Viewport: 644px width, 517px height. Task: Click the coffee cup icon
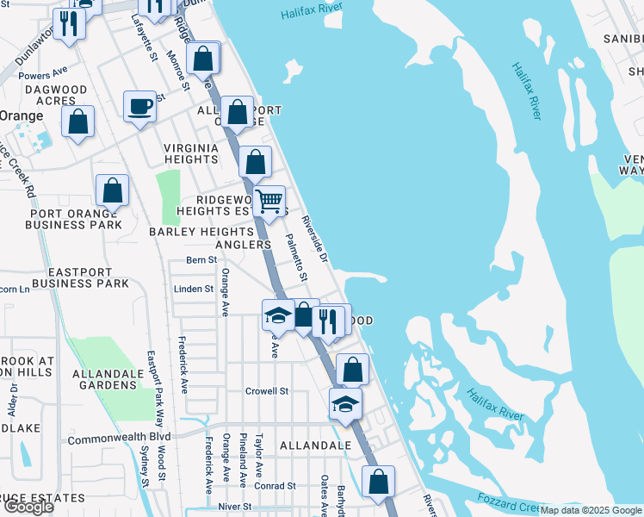139,107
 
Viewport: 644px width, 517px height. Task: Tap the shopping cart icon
269,202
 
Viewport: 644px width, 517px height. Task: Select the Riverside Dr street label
315,239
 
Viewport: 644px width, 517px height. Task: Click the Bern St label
200,260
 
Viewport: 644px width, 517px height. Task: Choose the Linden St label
193,290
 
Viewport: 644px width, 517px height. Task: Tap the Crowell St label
266,391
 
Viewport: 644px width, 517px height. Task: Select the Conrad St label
274,486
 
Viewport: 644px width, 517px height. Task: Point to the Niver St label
234,507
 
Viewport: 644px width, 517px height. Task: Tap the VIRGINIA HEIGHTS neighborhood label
191,153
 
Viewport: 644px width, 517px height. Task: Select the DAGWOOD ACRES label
56,95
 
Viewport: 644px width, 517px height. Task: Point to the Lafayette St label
144,34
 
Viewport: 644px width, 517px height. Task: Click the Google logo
28,507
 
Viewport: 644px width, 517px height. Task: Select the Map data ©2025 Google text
591,510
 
